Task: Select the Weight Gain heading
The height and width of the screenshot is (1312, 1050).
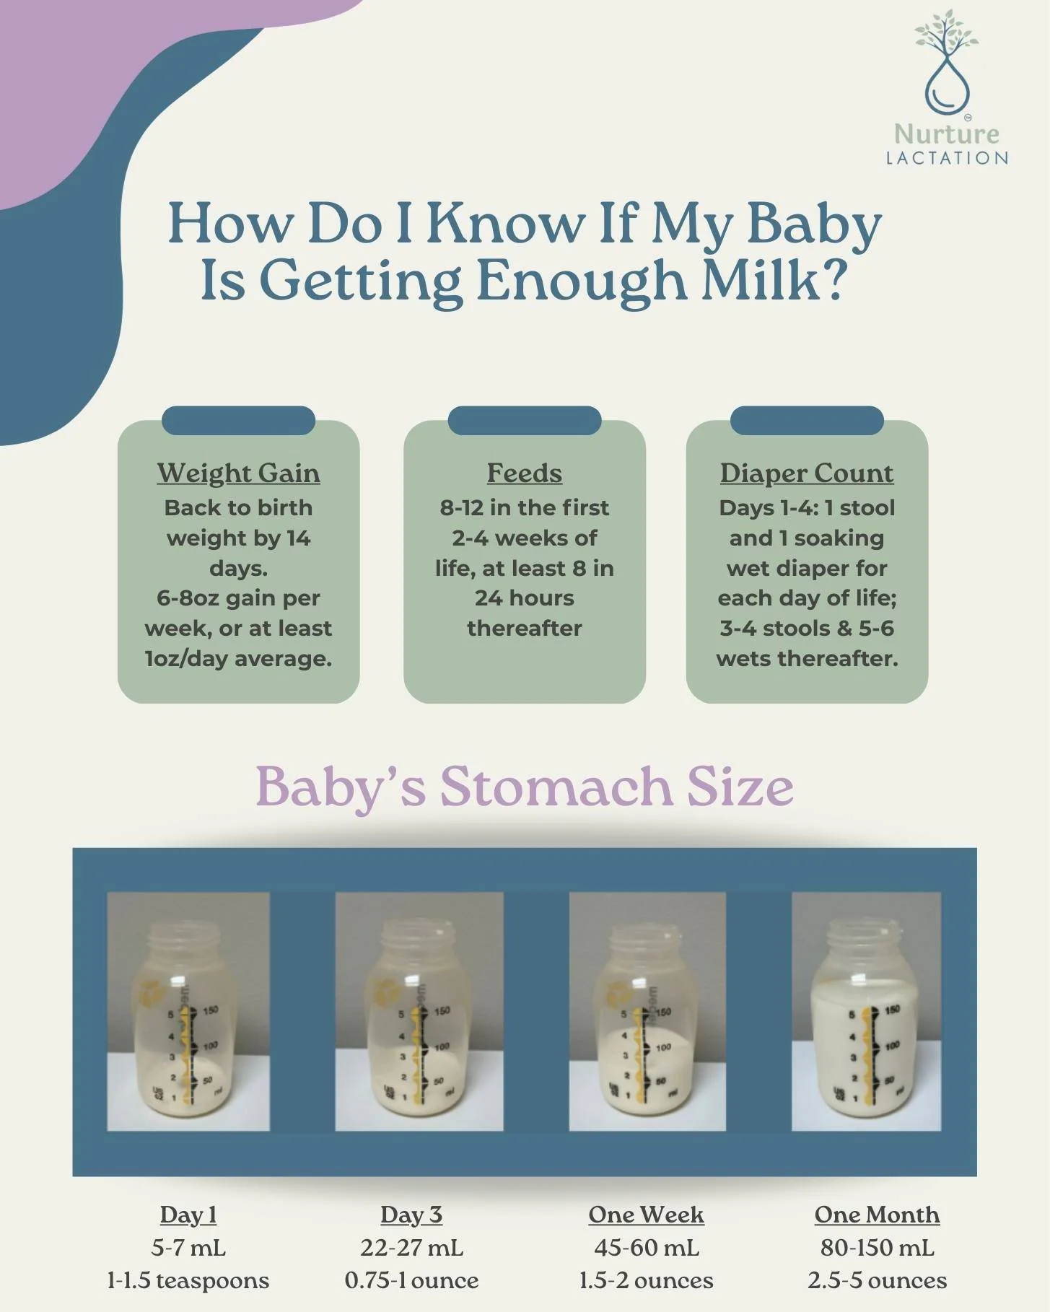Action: click(x=238, y=473)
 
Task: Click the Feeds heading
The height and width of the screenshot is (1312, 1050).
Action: click(x=524, y=473)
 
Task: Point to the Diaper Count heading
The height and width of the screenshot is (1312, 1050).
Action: click(x=806, y=473)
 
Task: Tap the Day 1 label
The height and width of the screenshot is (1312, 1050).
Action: click(x=188, y=1215)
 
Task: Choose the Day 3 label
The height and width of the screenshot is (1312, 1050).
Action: click(x=411, y=1215)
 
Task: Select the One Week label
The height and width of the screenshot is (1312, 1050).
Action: click(x=646, y=1215)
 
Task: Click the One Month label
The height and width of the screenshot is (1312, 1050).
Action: click(x=877, y=1215)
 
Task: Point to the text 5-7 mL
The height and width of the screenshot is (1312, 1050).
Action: click(x=188, y=1247)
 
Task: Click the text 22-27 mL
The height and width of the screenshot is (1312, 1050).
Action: click(x=411, y=1247)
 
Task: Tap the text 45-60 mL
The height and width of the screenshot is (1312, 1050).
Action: click(x=646, y=1247)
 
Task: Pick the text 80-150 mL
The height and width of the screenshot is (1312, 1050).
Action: click(x=877, y=1247)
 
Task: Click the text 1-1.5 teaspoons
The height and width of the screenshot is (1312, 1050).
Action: click(x=188, y=1280)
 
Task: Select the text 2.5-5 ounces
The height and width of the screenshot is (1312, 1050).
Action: click(x=877, y=1280)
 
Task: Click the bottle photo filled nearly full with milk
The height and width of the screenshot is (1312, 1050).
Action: click(x=866, y=1010)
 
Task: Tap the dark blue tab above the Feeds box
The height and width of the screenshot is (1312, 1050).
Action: click(x=524, y=420)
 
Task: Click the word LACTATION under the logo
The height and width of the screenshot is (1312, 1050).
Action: click(x=947, y=158)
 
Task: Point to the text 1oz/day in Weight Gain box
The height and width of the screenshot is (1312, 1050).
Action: click(x=186, y=659)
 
